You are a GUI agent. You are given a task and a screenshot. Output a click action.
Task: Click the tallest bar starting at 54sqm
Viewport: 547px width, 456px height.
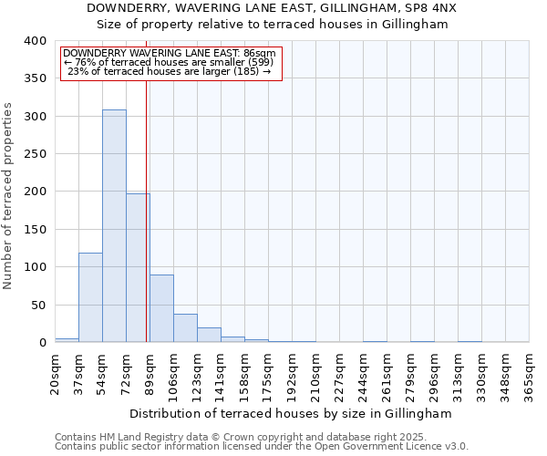coord(114,226)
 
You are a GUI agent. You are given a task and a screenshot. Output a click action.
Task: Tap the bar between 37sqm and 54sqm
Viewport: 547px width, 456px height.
coord(90,298)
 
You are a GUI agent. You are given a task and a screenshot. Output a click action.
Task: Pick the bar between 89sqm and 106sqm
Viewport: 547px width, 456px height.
coord(161,308)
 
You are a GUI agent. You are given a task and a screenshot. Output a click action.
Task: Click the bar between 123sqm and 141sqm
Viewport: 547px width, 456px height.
coord(209,335)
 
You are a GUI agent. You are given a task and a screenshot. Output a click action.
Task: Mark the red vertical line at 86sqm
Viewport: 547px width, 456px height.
coord(147,210)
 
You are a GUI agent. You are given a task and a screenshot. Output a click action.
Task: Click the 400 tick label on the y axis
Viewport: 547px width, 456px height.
coord(35,41)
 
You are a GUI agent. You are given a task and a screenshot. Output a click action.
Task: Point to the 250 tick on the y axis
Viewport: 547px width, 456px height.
coord(35,154)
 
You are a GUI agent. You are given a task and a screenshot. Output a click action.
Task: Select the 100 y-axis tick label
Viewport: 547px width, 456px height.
coord(35,267)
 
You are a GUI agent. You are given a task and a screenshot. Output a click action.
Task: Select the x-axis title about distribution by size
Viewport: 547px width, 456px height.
coord(291,413)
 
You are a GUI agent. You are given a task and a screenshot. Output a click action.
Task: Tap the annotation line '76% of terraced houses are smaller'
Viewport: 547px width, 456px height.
coord(170,62)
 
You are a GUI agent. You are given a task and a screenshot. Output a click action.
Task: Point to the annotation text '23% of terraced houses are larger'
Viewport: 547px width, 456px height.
coord(170,71)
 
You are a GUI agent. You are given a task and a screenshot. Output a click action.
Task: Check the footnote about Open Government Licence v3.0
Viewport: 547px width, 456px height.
coord(262,447)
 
